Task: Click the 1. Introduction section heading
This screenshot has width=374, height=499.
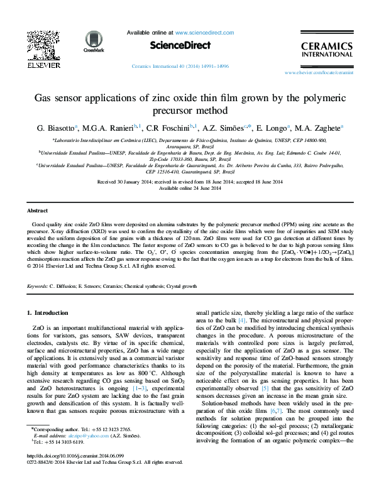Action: (x=50, y=312)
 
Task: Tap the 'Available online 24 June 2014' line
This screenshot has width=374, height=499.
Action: (x=187, y=188)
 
